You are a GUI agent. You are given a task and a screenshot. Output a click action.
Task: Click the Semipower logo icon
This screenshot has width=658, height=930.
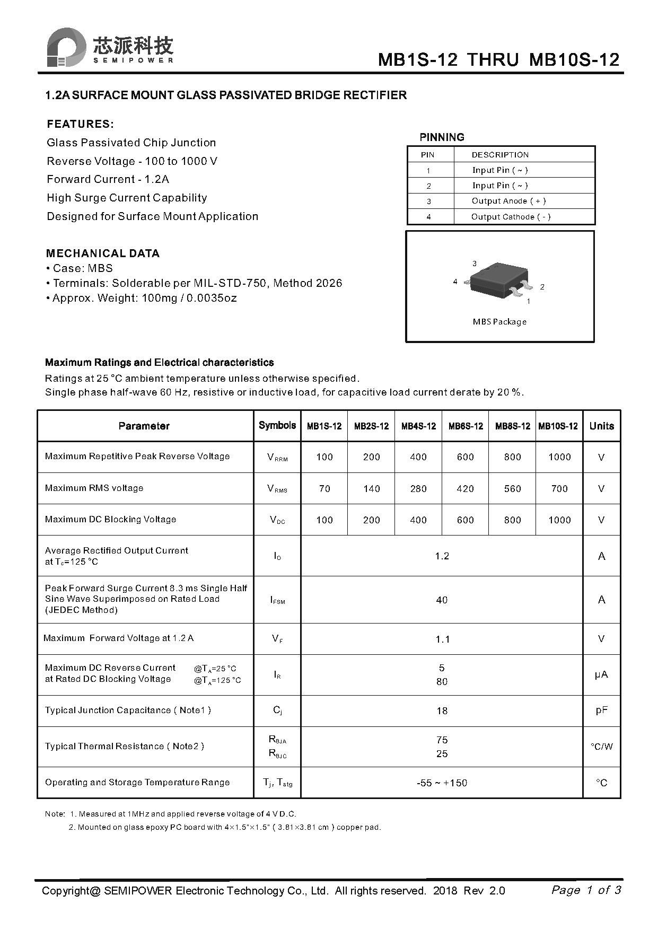tap(66, 48)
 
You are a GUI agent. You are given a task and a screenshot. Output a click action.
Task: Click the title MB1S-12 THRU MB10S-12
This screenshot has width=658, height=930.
tap(498, 59)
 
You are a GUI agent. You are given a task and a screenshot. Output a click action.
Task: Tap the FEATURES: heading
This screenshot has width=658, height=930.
tap(80, 124)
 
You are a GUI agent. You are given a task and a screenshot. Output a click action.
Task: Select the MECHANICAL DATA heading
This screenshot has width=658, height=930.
tap(102, 253)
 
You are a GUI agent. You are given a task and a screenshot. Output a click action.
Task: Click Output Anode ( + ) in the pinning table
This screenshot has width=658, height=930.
tap(508, 201)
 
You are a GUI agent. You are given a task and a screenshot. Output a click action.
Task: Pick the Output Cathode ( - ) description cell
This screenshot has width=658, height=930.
tap(511, 217)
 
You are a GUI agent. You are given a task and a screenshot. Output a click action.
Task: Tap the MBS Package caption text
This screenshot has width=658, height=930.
tap(499, 322)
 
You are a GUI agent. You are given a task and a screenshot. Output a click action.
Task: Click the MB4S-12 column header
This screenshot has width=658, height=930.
tap(418, 426)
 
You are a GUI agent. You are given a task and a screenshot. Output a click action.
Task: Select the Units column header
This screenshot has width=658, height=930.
tap(601, 426)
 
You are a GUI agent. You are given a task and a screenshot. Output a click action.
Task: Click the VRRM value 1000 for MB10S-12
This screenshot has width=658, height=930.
tap(559, 457)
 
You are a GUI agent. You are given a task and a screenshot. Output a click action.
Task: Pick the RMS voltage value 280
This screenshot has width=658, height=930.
tap(418, 489)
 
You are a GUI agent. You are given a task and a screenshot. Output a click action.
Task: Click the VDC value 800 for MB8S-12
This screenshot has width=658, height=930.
tap(512, 520)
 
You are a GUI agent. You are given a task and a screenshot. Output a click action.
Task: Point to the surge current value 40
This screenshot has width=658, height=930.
tap(442, 600)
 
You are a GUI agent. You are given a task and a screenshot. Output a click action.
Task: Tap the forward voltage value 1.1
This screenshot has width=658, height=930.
tap(442, 639)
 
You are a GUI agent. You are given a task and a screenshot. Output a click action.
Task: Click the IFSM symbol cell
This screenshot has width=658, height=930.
tap(277, 600)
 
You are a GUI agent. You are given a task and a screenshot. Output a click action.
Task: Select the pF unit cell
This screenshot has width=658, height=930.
tap(601, 710)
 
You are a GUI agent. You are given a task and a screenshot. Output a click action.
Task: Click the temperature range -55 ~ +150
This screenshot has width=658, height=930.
tap(442, 783)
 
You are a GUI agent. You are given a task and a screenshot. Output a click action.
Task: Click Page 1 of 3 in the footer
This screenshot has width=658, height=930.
tap(586, 890)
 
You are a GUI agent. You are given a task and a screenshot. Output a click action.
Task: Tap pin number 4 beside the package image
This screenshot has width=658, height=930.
tap(455, 282)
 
